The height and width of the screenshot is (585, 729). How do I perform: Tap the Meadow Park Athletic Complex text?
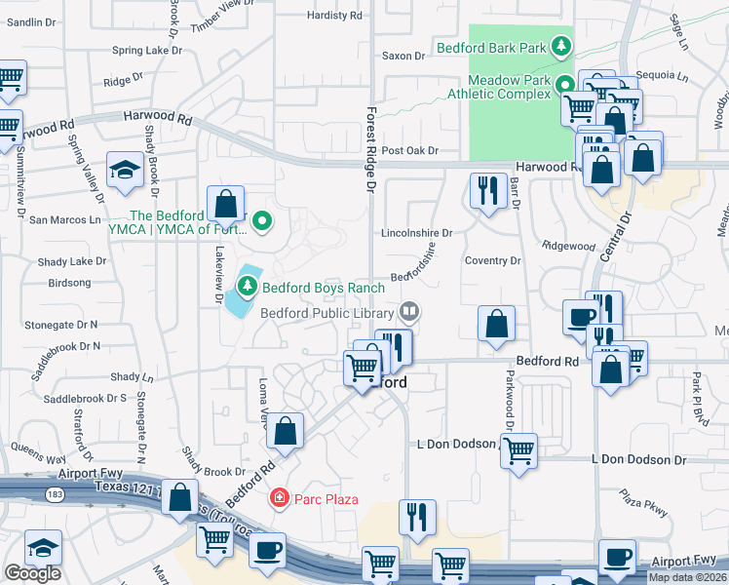[496, 87]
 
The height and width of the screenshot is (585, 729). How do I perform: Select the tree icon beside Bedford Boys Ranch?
[248, 286]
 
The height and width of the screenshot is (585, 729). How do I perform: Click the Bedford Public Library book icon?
[410, 312]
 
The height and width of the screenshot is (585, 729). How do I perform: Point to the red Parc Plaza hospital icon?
[279, 499]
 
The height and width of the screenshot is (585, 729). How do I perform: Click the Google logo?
[32, 573]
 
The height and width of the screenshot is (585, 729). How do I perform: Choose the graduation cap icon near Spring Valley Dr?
[125, 172]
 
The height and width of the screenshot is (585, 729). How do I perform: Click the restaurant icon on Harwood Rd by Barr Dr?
[486, 188]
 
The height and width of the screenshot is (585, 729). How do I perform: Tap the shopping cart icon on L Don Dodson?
[519, 449]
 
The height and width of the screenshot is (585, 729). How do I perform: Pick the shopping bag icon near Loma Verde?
[286, 430]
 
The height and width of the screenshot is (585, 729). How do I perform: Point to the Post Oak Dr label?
[410, 150]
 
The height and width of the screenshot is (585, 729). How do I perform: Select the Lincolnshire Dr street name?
[416, 233]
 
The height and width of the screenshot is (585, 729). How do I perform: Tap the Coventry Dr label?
[493, 260]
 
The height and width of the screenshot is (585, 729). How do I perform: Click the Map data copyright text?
[686, 575]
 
